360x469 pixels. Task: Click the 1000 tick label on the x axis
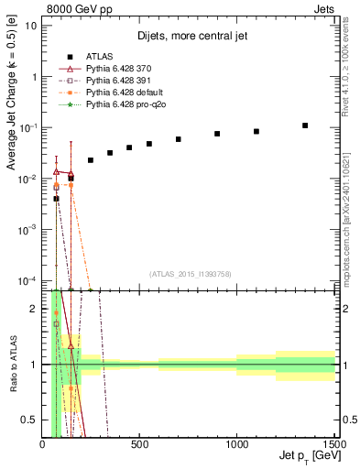(x=236, y=444)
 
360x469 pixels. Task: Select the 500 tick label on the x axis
(x=139, y=444)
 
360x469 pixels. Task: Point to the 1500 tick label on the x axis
(x=333, y=444)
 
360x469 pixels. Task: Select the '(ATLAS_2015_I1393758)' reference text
(x=189, y=273)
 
